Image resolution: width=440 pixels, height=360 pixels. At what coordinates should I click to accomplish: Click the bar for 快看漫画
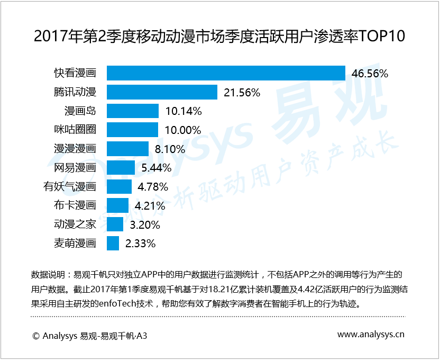tap(226, 73)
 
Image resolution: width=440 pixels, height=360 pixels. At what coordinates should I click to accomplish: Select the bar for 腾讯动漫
tap(162, 92)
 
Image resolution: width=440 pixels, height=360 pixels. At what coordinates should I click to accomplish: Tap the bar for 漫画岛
tap(133, 111)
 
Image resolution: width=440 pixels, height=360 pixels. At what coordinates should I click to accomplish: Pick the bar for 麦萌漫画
tap(113, 244)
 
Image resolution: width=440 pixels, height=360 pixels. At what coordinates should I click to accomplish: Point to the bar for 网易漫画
tap(121, 168)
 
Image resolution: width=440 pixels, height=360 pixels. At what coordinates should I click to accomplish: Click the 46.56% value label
tap(370, 74)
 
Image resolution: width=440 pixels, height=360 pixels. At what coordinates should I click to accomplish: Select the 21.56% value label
tap(242, 93)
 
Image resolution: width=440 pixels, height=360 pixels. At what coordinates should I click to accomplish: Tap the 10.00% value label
tap(182, 130)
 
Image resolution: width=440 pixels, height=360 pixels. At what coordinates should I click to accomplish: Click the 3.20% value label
tap(145, 224)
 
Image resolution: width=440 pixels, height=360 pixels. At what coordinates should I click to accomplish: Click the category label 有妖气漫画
tap(69, 186)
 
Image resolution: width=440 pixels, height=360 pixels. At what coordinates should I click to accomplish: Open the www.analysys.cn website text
tap(371, 335)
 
